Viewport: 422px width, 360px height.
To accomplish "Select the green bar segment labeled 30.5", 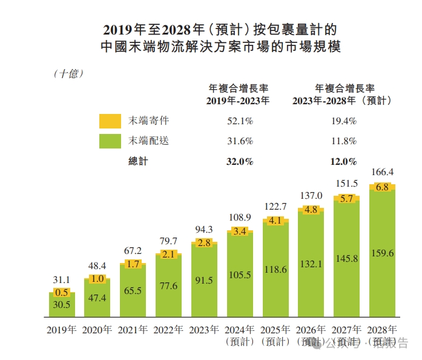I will click(62, 305).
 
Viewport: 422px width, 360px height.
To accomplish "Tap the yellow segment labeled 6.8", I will click(383, 187).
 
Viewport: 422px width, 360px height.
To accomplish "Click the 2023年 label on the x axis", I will click(205, 330).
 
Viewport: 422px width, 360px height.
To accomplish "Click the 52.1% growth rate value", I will click(240, 121).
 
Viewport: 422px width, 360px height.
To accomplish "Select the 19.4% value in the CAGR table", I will click(344, 121).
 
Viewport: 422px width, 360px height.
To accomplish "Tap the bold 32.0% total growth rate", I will click(240, 162).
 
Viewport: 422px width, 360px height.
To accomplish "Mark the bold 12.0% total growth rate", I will click(344, 162).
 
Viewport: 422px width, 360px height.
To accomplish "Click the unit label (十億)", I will click(68, 73).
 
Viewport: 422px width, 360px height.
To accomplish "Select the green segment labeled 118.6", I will click(275, 269).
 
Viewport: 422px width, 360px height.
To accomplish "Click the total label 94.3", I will click(205, 230).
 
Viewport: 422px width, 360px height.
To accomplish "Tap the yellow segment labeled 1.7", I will click(133, 264).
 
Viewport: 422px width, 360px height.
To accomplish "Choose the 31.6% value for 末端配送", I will click(240, 141).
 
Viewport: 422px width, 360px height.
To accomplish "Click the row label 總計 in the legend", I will click(138, 162).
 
